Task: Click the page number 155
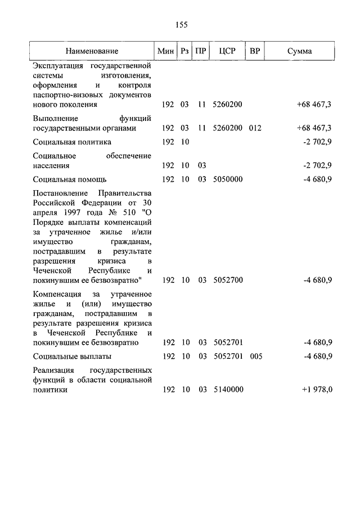pyautogui.click(x=180, y=25)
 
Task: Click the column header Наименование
pyautogui.click(x=92, y=51)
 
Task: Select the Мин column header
pyautogui.click(x=166, y=51)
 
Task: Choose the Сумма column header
pyautogui.click(x=299, y=51)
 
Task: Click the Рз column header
pyautogui.click(x=184, y=51)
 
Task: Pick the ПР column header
pyautogui.click(x=201, y=51)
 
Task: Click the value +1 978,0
pyautogui.click(x=316, y=389)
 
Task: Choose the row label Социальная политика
pyautogui.click(x=72, y=142)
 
